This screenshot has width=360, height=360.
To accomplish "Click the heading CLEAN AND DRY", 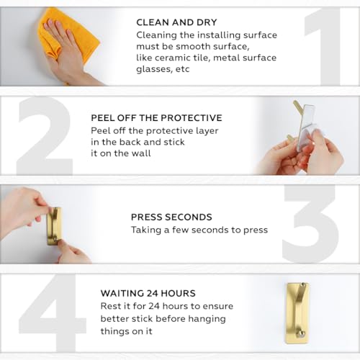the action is coord(176,22).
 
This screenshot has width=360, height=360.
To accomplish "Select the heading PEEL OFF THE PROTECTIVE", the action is coord(156,118).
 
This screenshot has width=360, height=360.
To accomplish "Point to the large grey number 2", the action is coord(45,136).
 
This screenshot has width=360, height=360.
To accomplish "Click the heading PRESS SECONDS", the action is coord(171,217).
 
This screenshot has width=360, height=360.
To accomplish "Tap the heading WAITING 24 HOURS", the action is coord(148,293).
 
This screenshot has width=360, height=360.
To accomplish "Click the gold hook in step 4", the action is coord(297,313).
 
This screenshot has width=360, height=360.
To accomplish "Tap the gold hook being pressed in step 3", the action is coord(54,226).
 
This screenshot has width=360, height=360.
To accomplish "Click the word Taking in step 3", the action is coord(146,230).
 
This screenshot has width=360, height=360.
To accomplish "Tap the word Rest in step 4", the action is coord(111,306).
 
